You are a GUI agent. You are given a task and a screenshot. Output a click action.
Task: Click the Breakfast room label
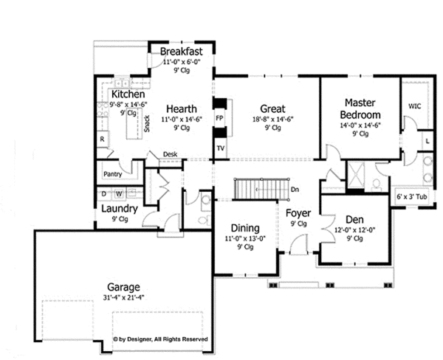(182, 52)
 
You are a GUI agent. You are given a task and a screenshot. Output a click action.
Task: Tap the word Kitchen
(127, 95)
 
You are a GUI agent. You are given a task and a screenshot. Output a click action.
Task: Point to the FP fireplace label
(219, 118)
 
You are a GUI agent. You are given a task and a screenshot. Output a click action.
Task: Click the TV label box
(220, 148)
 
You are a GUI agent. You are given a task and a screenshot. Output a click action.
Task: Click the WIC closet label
(415, 106)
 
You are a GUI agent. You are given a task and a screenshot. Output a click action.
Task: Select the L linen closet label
(427, 139)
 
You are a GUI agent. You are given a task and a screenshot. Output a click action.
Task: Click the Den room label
(354, 219)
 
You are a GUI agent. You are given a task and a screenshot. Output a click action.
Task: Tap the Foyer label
(298, 214)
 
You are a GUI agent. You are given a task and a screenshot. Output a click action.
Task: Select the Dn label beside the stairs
(295, 190)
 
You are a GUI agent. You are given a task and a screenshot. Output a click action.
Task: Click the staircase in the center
(260, 189)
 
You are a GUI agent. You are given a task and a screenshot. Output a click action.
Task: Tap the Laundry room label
(120, 208)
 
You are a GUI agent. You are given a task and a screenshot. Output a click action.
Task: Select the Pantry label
(112, 174)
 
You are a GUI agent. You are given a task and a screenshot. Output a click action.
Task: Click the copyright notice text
(160, 339)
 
